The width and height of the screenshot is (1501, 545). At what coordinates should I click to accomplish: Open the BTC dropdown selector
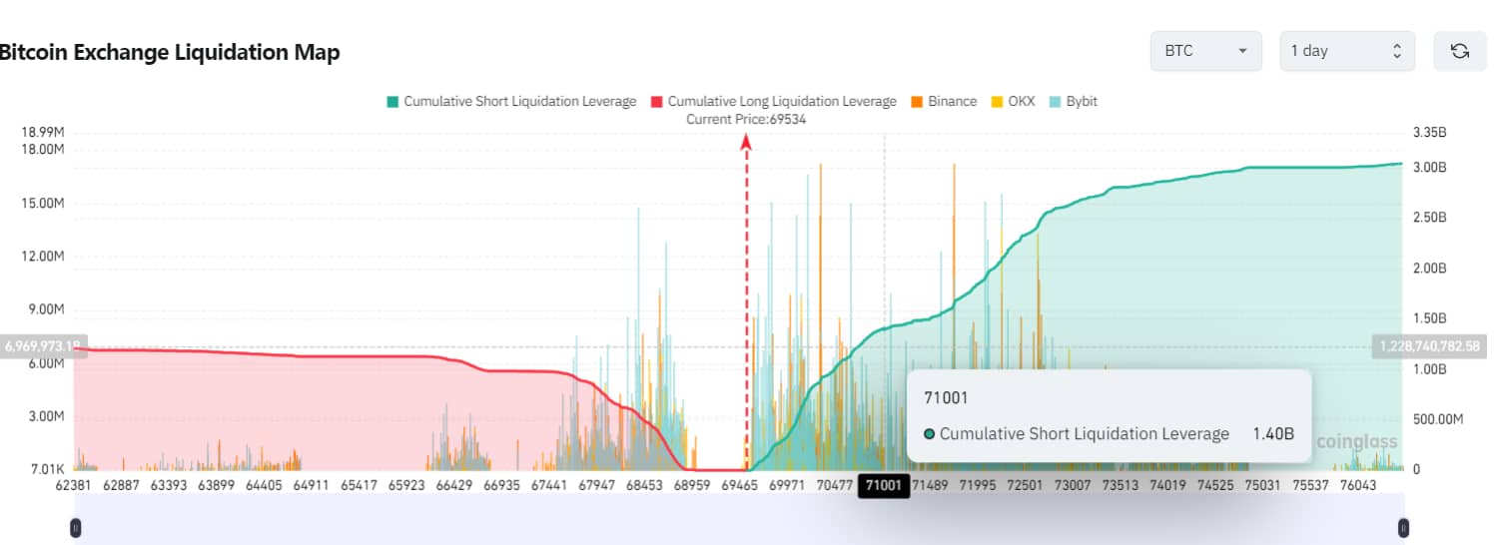pos(1206,51)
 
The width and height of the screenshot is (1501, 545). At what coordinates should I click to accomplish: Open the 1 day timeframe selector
pos(1346,51)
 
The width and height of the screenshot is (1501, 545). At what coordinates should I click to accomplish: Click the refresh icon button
pos(1459,51)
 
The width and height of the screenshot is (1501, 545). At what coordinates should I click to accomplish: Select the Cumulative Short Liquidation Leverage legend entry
pos(510,101)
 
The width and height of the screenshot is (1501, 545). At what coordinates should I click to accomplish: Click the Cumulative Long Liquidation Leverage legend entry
pos(773,101)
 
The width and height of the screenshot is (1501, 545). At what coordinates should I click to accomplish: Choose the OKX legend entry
pos(1013,101)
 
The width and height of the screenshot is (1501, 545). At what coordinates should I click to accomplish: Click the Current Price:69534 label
pos(746,120)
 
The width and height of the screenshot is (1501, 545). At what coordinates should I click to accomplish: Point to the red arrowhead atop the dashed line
pos(746,143)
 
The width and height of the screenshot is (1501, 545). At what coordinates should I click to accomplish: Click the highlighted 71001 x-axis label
pos(884,486)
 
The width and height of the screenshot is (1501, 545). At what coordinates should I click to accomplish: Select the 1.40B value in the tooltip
pos(1273,434)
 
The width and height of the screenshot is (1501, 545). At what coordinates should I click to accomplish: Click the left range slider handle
pos(76,527)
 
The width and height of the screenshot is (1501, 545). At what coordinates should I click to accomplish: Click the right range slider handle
pos(1403,527)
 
